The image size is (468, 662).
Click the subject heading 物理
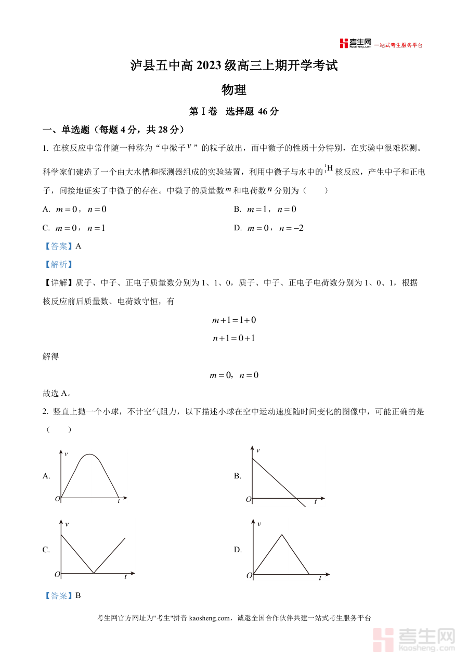point(234,89)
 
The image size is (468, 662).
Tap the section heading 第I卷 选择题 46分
point(234,111)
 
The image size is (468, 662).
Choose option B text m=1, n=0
point(271,210)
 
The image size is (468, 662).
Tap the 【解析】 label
point(58,264)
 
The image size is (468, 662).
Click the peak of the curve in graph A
point(90,455)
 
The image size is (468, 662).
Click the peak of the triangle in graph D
point(282,534)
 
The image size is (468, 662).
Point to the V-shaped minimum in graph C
point(93,573)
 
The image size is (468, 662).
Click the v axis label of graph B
point(258,450)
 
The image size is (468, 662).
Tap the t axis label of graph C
point(125,577)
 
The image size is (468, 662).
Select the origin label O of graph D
point(249,575)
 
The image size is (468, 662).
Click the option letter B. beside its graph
point(238,476)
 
